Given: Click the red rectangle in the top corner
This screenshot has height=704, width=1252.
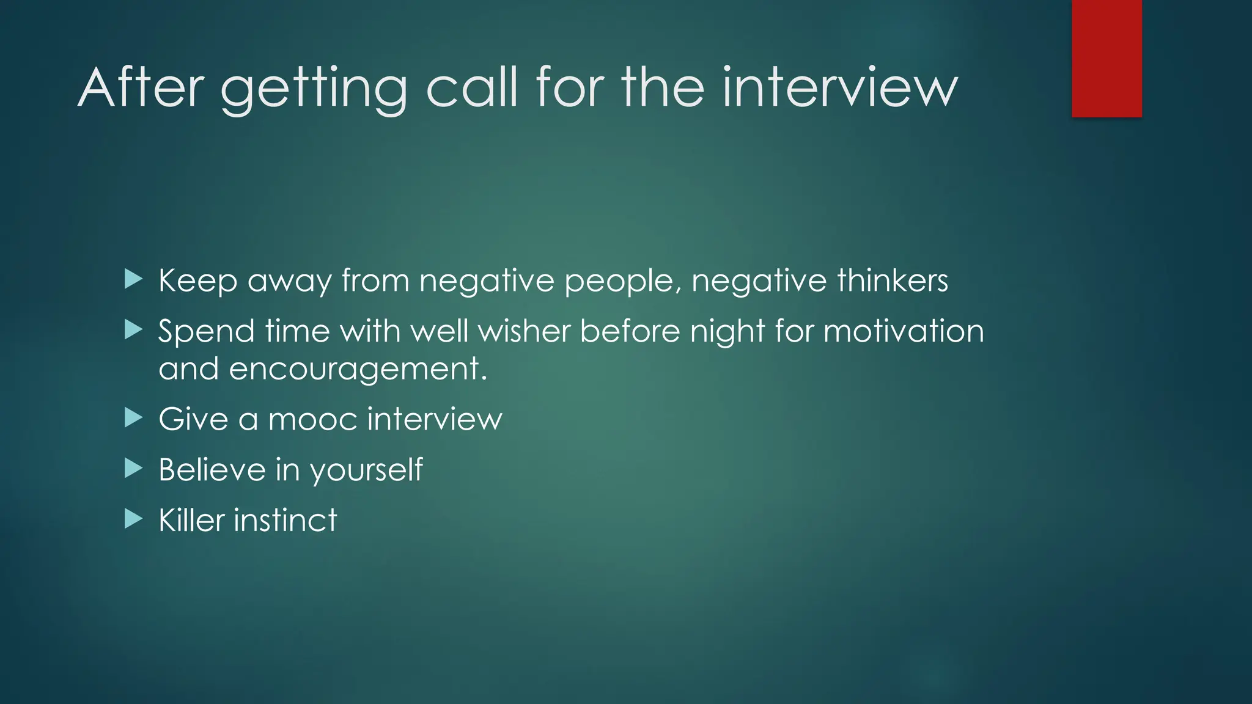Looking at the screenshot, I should coord(1107,58).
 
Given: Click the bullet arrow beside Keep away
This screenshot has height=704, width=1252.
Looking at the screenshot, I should coord(133,280).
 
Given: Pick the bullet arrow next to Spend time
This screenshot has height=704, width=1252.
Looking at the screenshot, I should coord(133,330).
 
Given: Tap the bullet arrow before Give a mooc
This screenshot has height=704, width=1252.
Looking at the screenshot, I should coord(133,419).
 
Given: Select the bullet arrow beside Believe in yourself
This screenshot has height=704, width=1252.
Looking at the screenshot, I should coord(133,469).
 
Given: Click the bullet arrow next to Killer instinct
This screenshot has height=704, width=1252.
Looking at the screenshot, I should coord(133,519).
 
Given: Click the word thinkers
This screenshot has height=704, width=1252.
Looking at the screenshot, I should coord(893,280).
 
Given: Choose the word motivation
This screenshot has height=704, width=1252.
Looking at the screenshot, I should coord(904,331).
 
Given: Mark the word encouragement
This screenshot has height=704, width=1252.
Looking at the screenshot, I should coord(358,370).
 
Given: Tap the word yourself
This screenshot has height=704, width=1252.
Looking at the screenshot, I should coord(366,470).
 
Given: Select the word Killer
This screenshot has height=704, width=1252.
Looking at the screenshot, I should coord(191,520).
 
